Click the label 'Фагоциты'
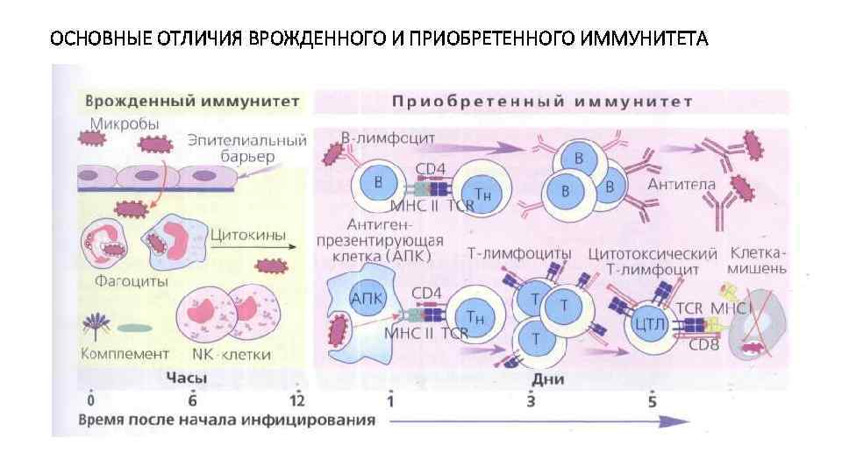[132, 282]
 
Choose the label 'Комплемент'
[125, 354]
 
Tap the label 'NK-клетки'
[231, 355]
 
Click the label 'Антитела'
[681, 185]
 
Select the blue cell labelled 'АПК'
[367, 298]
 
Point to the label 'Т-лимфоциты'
[519, 253]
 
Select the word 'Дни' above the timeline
[541, 378]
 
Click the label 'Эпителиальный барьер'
[248, 148]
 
